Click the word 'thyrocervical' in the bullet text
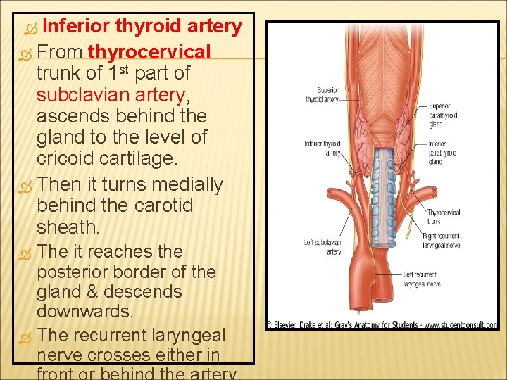(x=150, y=52)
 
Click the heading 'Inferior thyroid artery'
(x=142, y=27)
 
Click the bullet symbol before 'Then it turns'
(x=27, y=186)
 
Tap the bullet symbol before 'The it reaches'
(x=27, y=252)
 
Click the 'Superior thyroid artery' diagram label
(x=321, y=95)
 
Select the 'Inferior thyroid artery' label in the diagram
(x=323, y=148)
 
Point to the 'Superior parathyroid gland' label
(x=443, y=115)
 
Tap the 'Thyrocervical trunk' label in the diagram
(x=443, y=217)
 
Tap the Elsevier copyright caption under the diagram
(x=381, y=325)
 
